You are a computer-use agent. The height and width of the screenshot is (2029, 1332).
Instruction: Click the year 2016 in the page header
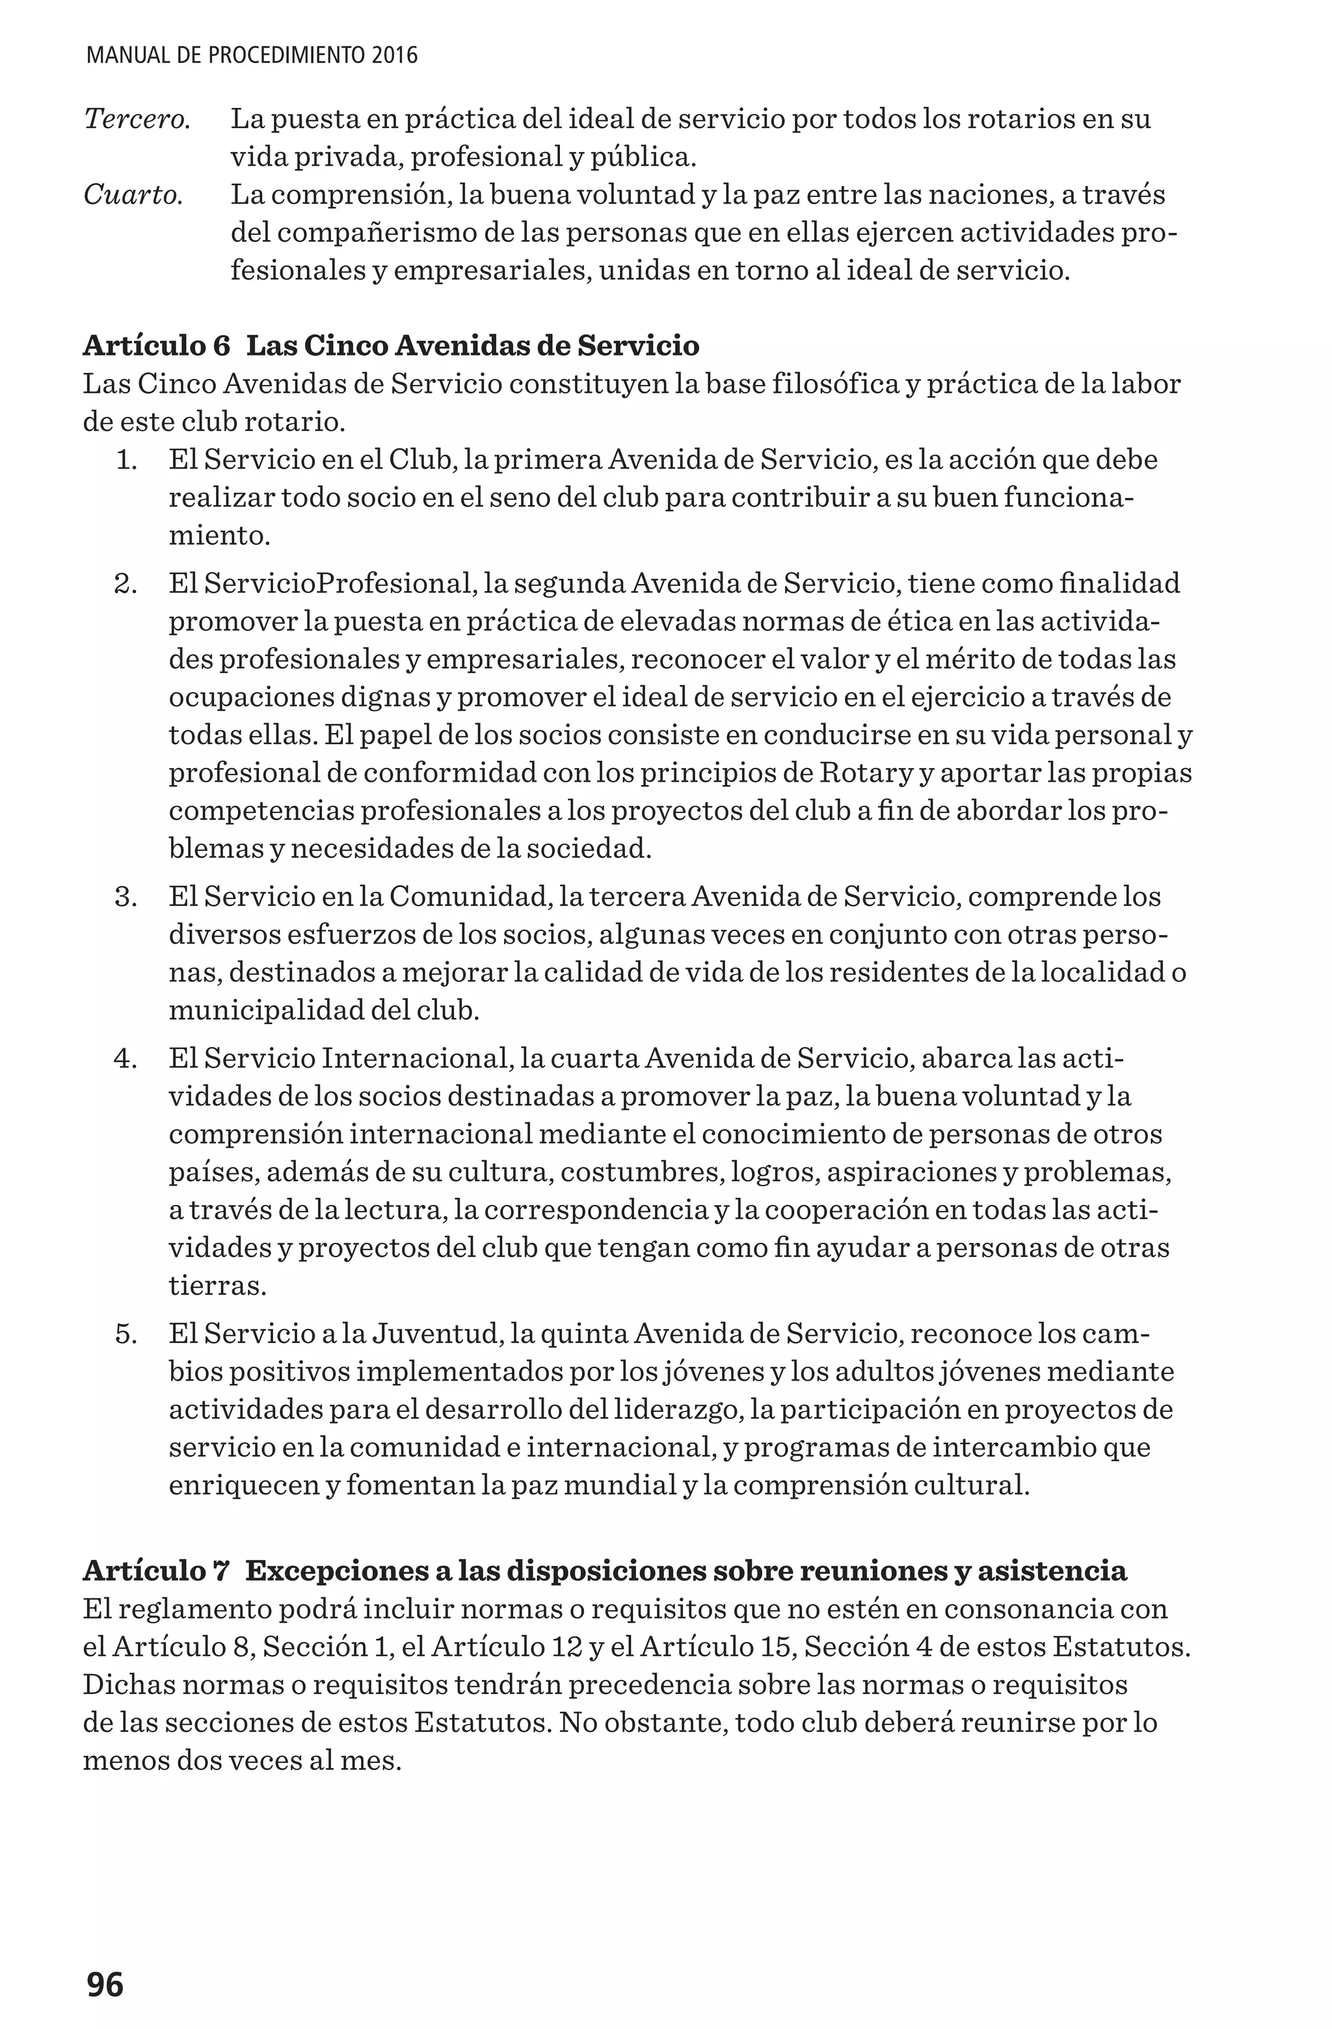395,57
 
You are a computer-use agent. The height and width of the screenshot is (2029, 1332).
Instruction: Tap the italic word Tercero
137,120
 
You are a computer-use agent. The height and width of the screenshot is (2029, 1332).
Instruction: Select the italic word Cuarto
133,195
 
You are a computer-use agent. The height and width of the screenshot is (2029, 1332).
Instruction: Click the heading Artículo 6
157,345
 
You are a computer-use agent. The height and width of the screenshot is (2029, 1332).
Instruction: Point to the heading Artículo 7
157,1571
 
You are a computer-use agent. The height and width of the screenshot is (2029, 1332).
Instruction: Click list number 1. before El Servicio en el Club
126,460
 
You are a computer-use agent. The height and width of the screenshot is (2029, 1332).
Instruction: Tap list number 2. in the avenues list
126,584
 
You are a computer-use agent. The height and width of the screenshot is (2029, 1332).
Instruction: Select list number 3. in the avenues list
126,897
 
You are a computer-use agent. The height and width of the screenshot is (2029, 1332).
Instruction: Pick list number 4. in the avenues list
126,1059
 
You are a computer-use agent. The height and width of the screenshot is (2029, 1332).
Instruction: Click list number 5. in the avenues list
126,1333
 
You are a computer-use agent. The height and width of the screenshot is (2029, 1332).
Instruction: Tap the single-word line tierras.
217,1286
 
